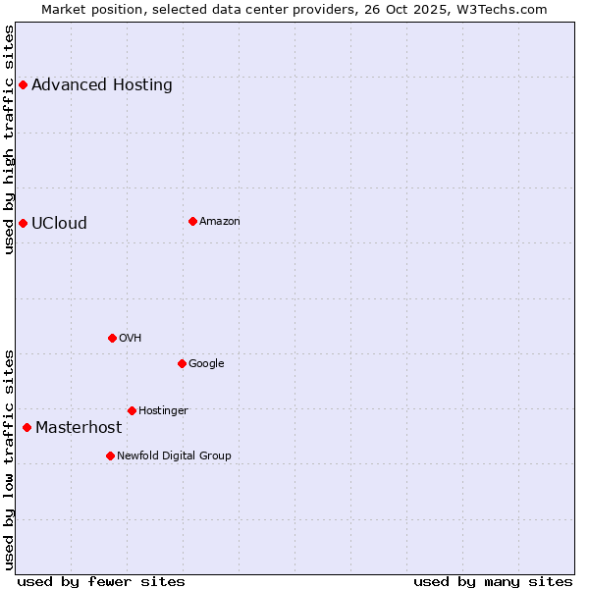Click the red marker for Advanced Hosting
pyautogui.click(x=23, y=84)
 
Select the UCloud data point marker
pyautogui.click(x=23, y=223)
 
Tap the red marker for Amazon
pyautogui.click(x=192, y=221)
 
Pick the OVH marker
pyautogui.click(x=112, y=338)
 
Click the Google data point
pyautogui.click(x=182, y=363)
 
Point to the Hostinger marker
pyautogui.click(x=132, y=410)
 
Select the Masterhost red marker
pyautogui.click(x=27, y=427)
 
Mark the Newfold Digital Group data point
pyautogui.click(x=110, y=455)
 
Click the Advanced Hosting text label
pyautogui.click(x=102, y=84)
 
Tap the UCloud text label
pyautogui.click(x=59, y=223)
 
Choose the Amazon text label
pyautogui.click(x=220, y=221)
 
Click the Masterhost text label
pyautogui.click(x=79, y=427)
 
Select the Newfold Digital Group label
pyautogui.click(x=174, y=455)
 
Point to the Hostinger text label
pyautogui.click(x=163, y=410)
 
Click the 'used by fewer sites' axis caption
pyautogui.click(x=101, y=581)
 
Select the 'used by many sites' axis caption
pyautogui.click(x=493, y=581)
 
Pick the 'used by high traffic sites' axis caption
pyautogui.click(x=9, y=139)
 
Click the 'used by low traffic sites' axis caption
pyautogui.click(x=9, y=459)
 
